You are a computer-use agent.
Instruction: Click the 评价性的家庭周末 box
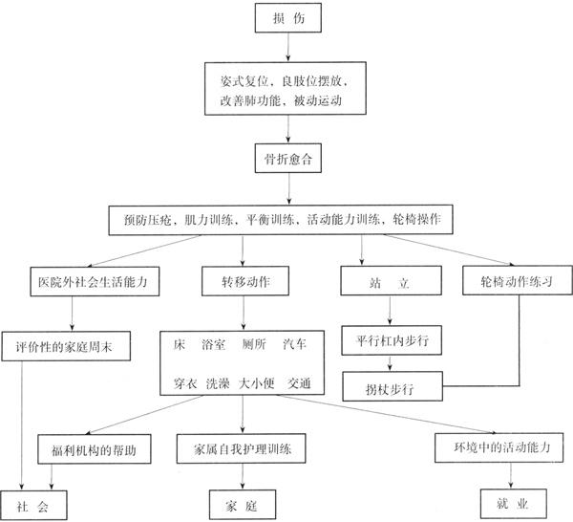pyautogui.click(x=72, y=342)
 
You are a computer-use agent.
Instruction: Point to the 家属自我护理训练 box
pyautogui.click(x=242, y=448)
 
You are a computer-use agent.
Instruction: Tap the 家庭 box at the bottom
pyautogui.click(x=243, y=503)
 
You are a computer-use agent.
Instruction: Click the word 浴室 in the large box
pyautogui.click(x=216, y=342)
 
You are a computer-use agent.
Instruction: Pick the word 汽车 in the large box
pyautogui.click(x=297, y=342)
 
